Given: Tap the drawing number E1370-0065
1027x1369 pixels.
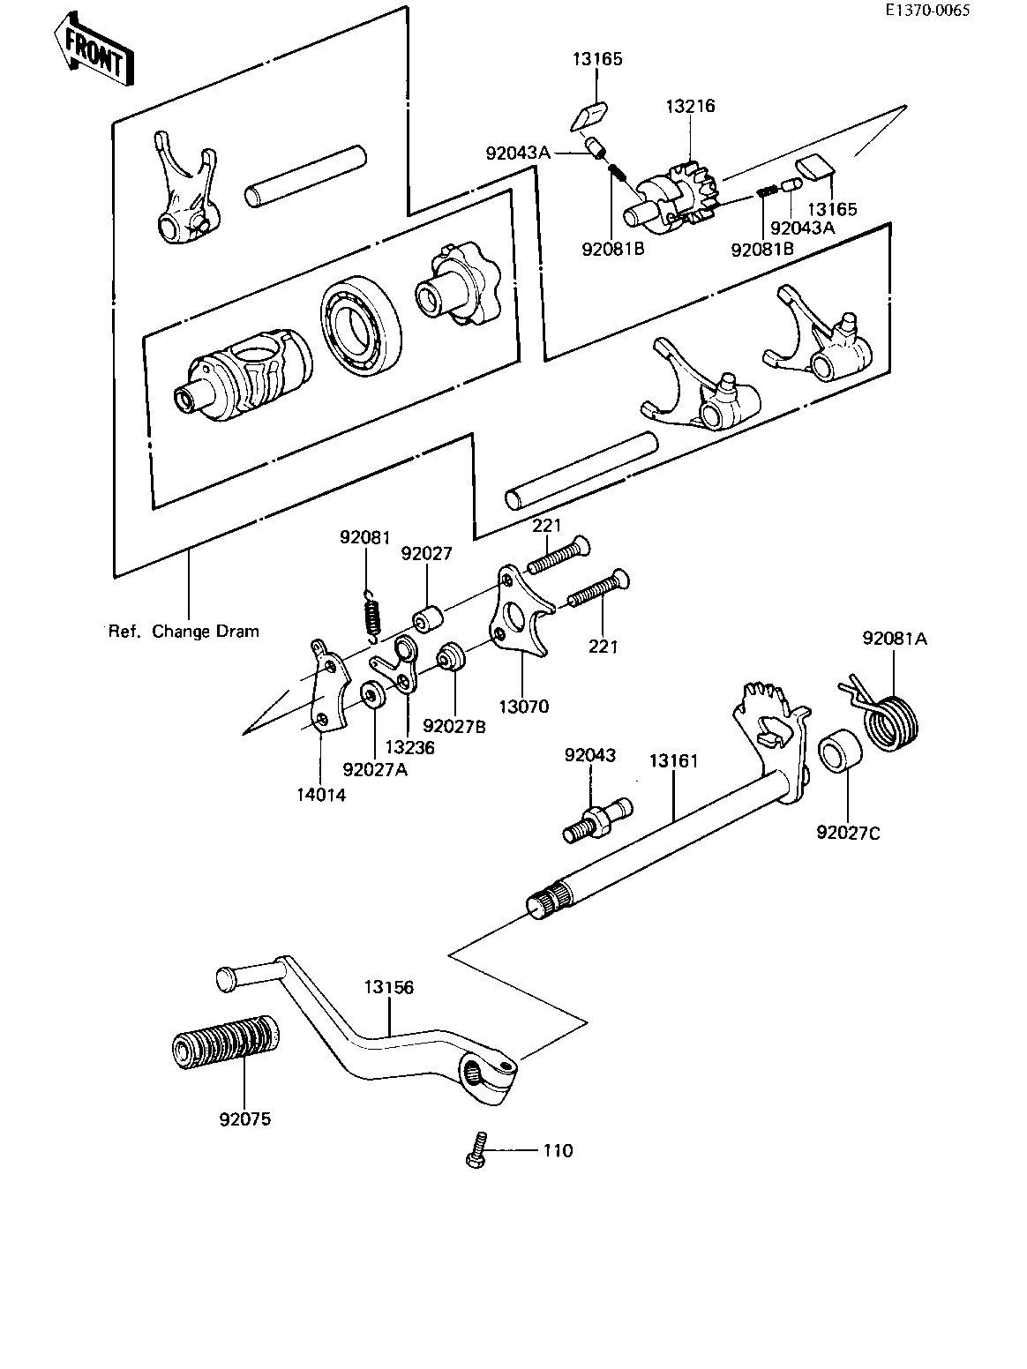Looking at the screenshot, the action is point(926,11).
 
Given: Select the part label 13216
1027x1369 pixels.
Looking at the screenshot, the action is point(690,106).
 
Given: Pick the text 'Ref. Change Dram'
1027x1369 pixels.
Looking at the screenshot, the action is point(184,632).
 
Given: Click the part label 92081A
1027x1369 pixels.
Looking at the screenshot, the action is point(894,638).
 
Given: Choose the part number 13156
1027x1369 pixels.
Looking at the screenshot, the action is point(389,987).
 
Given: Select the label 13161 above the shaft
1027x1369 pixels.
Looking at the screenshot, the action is point(673,761).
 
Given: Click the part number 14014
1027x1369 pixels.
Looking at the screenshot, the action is point(321,795).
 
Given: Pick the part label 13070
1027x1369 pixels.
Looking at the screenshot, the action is point(524,707).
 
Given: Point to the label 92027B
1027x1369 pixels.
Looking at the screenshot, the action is point(454,726).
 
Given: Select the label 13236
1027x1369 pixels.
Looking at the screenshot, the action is point(409,746).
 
